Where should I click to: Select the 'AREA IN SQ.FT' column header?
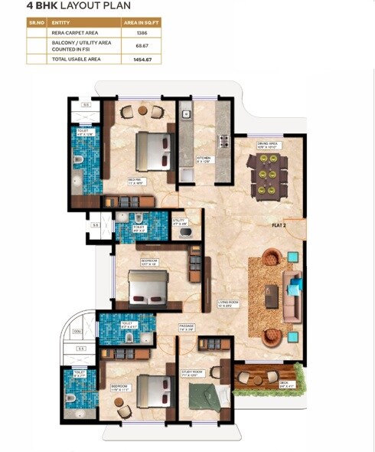coord(142,24)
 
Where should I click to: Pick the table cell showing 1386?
coord(142,34)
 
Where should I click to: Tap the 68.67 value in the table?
coord(142,46)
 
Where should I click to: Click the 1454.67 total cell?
coord(142,59)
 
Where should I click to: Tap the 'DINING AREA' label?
coord(266,143)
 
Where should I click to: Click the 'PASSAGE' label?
coord(187,327)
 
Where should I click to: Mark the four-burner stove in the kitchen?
coord(225,141)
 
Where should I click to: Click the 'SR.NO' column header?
coord(37,24)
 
